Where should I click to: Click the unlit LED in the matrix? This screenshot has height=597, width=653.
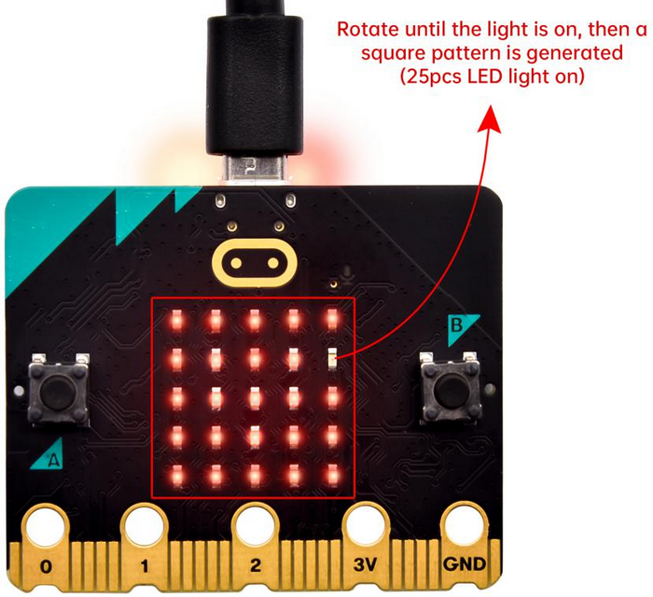(x=332, y=358)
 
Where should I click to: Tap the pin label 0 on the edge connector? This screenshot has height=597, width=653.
(x=47, y=566)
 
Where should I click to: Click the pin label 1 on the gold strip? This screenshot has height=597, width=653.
(x=144, y=566)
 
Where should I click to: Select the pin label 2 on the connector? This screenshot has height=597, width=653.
(x=256, y=565)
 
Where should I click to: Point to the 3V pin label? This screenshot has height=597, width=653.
(x=366, y=564)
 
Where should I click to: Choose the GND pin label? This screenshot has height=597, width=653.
(x=464, y=564)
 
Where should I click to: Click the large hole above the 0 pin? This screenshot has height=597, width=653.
(x=45, y=526)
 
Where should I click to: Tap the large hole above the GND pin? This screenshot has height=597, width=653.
(x=464, y=523)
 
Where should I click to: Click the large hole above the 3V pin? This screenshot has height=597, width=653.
(x=366, y=523)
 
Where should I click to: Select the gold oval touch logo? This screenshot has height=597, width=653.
(x=254, y=263)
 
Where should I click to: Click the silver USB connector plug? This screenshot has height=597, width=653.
(x=255, y=169)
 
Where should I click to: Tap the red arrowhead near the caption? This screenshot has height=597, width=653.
(x=490, y=119)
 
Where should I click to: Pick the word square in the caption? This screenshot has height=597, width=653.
(x=393, y=54)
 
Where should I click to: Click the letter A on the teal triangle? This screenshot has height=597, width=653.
(x=53, y=460)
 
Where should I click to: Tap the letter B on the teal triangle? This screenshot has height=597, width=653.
(x=457, y=326)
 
